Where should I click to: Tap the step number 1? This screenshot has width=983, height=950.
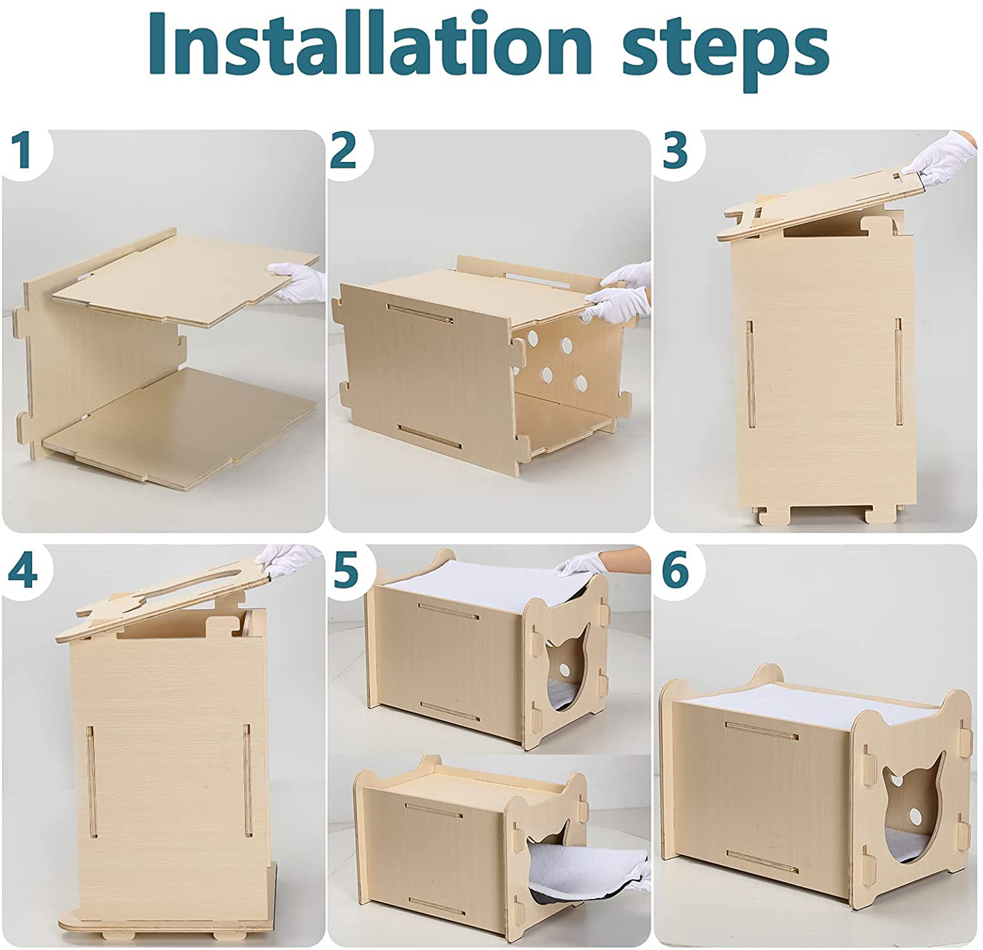click(x=24, y=150)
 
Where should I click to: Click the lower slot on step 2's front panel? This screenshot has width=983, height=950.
click(x=430, y=438)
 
